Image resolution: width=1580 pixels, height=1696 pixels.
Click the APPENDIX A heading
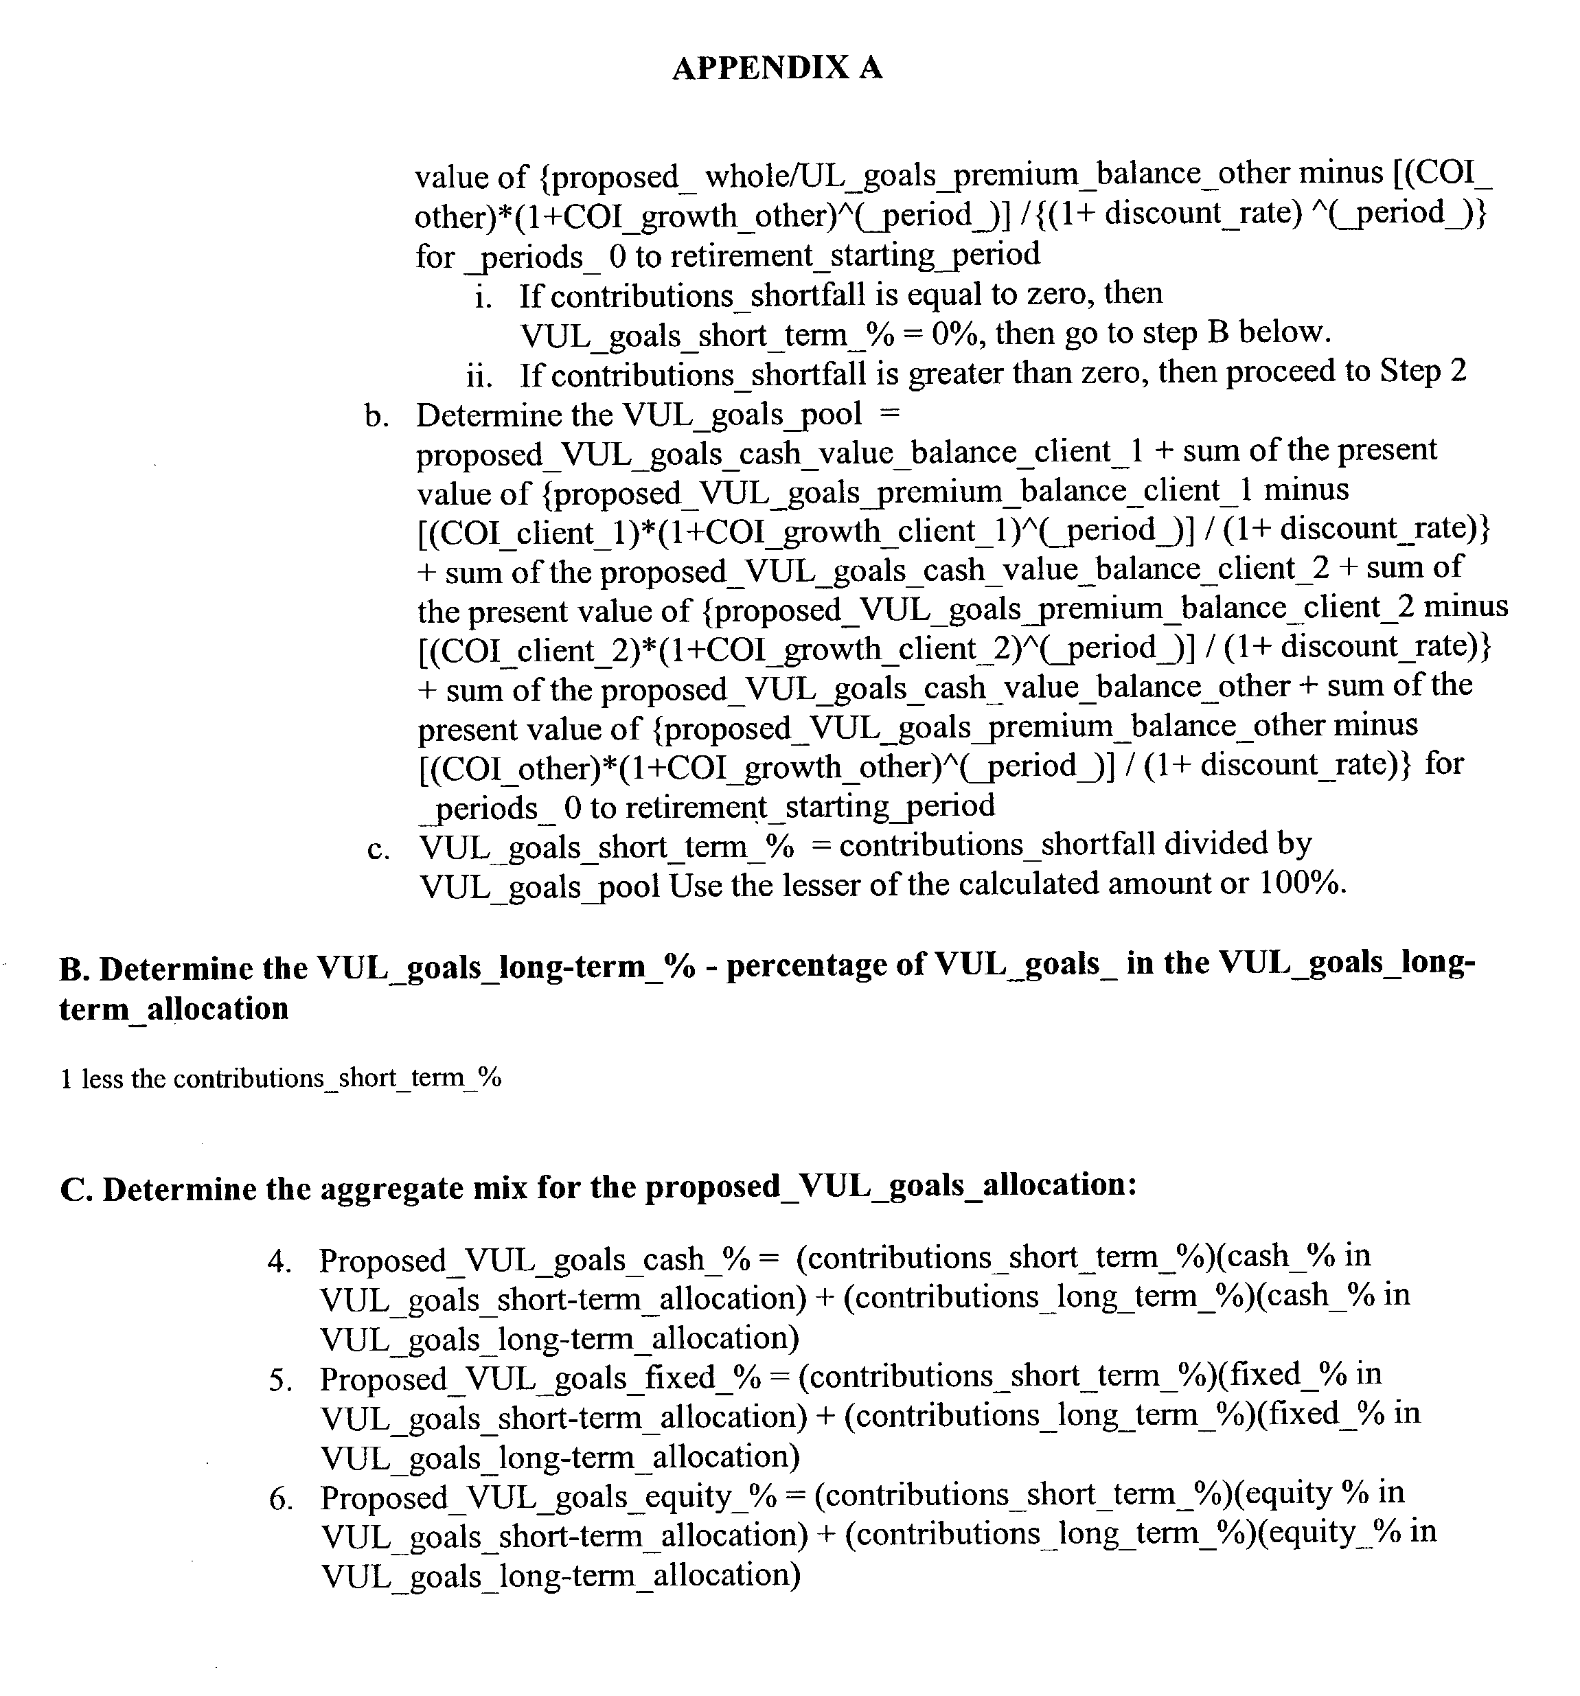pos(777,67)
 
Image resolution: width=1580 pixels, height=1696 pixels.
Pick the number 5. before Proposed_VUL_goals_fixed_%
pos(281,1380)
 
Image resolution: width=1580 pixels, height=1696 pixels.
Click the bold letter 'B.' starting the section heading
pos(74,970)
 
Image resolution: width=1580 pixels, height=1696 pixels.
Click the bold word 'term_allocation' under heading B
pos(174,1009)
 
